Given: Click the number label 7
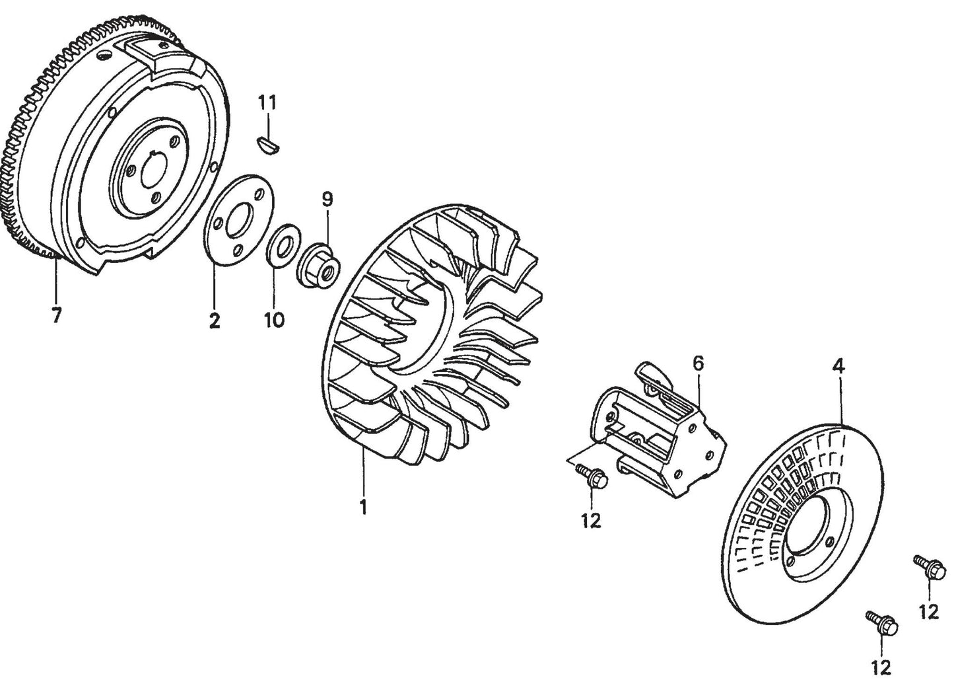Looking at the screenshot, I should pyautogui.click(x=56, y=316).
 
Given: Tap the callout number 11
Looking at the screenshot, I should pyautogui.click(x=267, y=103).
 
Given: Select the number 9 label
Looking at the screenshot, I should pyautogui.click(x=327, y=198).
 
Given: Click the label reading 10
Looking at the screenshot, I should pyautogui.click(x=274, y=320).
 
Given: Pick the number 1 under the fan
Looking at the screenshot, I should pyautogui.click(x=362, y=508).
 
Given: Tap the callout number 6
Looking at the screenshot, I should pyautogui.click(x=698, y=363).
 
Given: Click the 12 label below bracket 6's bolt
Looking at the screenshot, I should pyautogui.click(x=591, y=520).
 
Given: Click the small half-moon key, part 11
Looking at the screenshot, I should pyautogui.click(x=268, y=143).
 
